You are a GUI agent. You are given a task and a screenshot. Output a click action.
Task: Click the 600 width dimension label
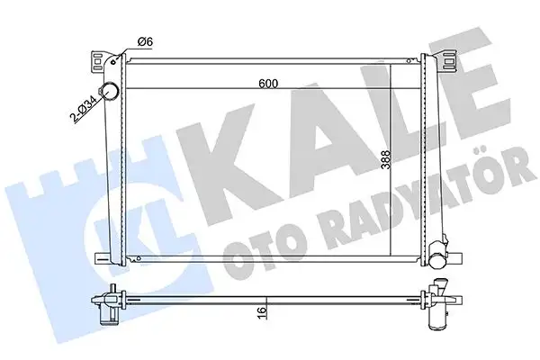[268, 84]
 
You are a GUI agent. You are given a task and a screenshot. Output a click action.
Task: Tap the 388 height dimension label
[386, 159]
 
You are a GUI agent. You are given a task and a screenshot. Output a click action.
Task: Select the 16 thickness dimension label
[263, 310]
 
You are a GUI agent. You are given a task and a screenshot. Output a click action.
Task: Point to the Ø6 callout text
[145, 42]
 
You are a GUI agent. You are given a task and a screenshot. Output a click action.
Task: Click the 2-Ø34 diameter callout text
[83, 108]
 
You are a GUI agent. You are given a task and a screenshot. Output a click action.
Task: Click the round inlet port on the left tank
[109, 90]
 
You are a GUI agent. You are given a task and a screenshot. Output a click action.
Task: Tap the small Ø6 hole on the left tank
[114, 62]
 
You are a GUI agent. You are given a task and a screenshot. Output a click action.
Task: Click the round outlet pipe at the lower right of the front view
[437, 255]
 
